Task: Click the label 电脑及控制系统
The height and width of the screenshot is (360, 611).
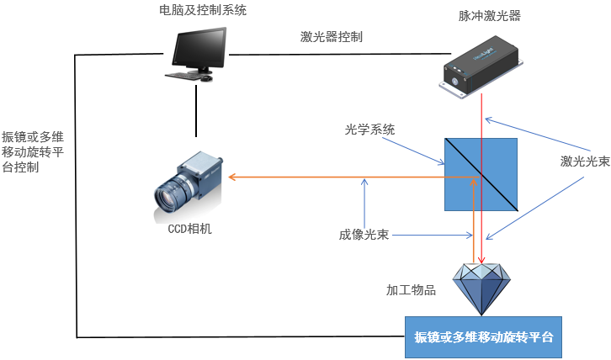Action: click(x=203, y=11)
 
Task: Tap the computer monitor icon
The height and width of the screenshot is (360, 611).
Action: click(x=200, y=50)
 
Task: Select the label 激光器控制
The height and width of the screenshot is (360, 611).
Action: click(x=332, y=37)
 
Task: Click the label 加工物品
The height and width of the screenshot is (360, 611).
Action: click(x=411, y=290)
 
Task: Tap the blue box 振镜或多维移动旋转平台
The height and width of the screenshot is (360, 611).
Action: click(x=483, y=337)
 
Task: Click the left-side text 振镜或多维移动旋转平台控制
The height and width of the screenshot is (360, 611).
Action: click(x=33, y=151)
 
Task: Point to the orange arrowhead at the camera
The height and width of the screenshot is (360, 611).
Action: click(x=234, y=177)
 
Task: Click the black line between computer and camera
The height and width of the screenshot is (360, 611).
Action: click(x=196, y=109)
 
